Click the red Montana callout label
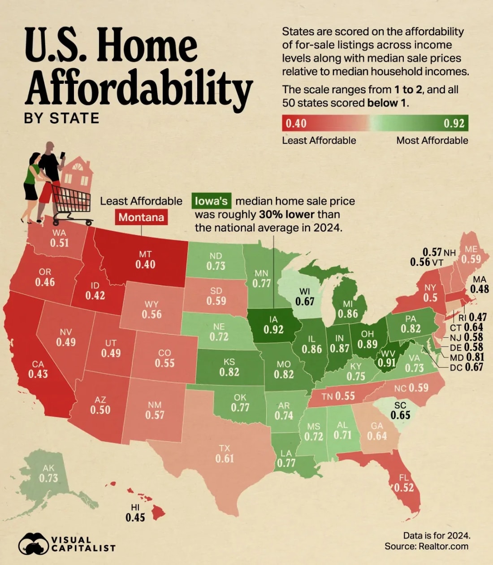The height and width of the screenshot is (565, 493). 141,217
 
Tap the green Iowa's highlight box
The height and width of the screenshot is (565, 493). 211,201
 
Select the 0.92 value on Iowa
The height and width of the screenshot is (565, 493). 273,330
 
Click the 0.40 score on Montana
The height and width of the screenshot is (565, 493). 145,264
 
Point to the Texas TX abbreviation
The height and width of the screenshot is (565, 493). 225,448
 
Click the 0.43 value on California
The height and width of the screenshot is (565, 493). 38,374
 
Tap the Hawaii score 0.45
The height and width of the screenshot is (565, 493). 135,517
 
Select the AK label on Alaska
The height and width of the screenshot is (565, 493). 48,468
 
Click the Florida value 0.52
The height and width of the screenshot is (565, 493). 404,488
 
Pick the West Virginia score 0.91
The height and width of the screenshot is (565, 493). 387,362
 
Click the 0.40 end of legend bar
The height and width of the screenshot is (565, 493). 296,123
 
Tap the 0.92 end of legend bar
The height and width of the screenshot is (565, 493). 454,123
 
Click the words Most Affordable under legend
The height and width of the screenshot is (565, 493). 432,140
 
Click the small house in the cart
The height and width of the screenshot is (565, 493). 77,175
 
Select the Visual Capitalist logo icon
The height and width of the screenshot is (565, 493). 33,544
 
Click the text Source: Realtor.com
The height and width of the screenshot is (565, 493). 426,546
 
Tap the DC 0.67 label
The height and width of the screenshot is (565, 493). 466,367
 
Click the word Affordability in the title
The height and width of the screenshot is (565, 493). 139,87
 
